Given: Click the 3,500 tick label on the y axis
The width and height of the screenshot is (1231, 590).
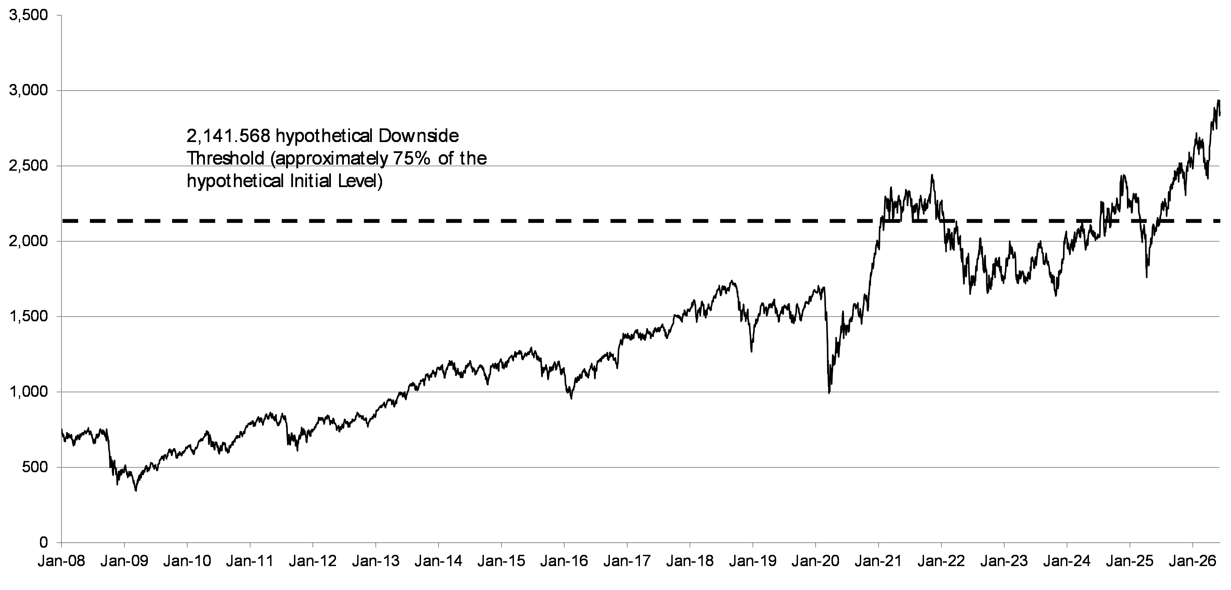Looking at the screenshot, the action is point(28,16).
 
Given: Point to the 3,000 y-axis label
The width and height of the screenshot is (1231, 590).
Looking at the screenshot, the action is point(28,91).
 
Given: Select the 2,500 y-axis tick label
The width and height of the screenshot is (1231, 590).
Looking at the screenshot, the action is point(28,166).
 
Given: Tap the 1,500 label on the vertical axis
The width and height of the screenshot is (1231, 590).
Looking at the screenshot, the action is point(28,317).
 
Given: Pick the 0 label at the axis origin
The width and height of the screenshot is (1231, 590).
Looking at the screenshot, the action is point(44,542).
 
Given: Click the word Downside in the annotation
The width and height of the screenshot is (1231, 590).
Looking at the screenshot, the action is point(419,136).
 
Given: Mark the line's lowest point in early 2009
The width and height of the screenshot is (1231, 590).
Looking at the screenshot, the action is point(136,491).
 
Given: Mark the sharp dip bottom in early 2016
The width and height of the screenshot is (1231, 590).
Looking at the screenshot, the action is point(571,398).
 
